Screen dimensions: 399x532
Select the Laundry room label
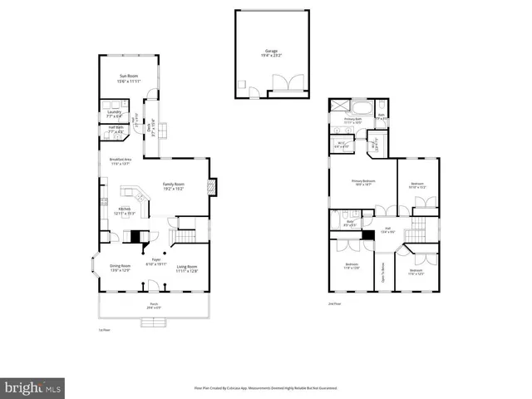[x=114, y=113]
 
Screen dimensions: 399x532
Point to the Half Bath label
[x=114, y=130]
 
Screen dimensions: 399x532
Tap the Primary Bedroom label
[x=363, y=182]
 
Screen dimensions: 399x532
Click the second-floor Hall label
[x=387, y=230]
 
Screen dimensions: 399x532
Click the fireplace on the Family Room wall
[x=213, y=188]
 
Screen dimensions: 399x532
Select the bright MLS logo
[x=33, y=387]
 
